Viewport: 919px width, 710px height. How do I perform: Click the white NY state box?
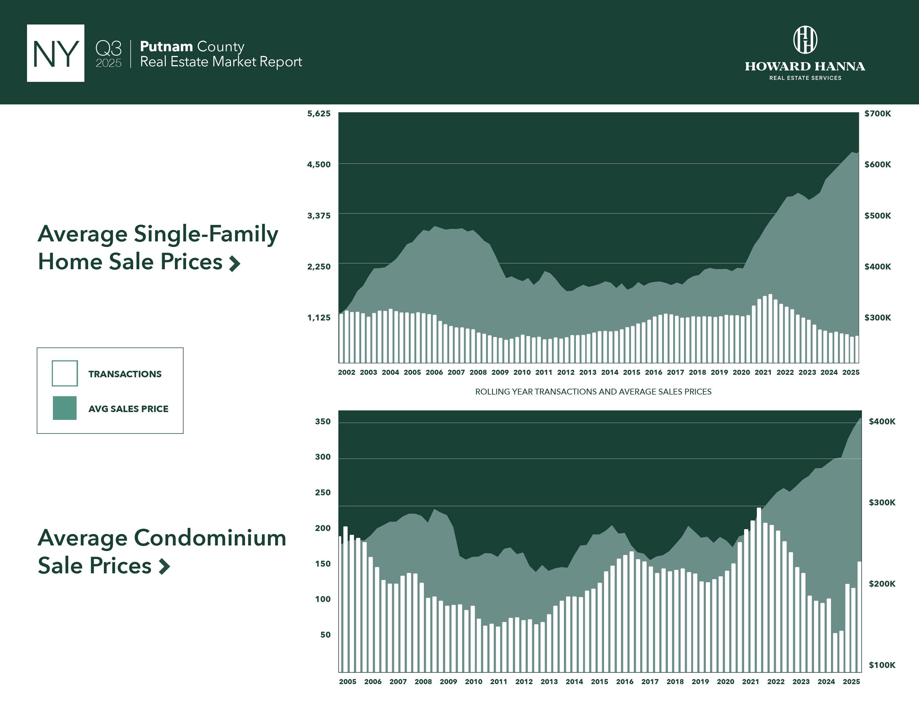[x=55, y=53]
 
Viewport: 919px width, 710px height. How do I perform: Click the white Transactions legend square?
[x=65, y=373]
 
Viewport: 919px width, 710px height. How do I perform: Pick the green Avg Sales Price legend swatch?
[x=65, y=408]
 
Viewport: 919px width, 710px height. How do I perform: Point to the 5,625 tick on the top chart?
[x=319, y=114]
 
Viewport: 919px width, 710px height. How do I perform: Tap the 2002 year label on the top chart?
[x=346, y=372]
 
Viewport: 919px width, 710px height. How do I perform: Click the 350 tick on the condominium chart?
[x=323, y=422]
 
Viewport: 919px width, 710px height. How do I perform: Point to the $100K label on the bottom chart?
[x=882, y=665]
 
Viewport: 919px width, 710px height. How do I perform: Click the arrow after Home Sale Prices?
[x=234, y=264]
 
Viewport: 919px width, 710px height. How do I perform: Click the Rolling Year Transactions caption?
[x=593, y=391]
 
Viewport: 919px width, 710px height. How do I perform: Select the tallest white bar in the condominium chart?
[x=759, y=589]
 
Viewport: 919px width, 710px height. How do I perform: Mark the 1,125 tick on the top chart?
[x=319, y=318]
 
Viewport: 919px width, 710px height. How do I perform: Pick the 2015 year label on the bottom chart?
[x=599, y=681]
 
